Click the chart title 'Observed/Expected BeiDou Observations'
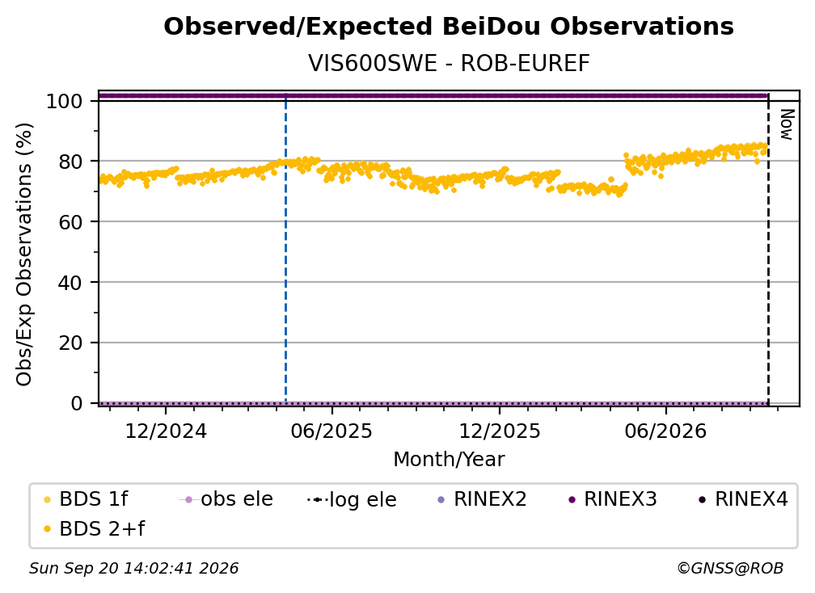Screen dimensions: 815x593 click(449, 27)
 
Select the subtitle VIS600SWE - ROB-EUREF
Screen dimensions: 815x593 click(449, 63)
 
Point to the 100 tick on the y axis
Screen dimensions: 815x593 click(64, 101)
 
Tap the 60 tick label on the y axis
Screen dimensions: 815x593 click(70, 222)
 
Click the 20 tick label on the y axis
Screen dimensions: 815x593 click(70, 343)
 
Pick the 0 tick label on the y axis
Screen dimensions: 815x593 click(76, 403)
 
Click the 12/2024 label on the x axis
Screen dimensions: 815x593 click(166, 431)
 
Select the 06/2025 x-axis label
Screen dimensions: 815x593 click(331, 431)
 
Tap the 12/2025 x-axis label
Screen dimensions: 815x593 click(500, 431)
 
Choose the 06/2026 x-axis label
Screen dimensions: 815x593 click(666, 431)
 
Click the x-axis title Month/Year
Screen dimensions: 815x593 click(449, 460)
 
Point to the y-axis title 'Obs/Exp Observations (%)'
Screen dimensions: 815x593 click(24, 254)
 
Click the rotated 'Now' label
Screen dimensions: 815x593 click(788, 124)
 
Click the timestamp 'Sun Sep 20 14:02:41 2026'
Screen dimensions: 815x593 click(133, 569)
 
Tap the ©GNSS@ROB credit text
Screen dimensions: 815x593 click(730, 569)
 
